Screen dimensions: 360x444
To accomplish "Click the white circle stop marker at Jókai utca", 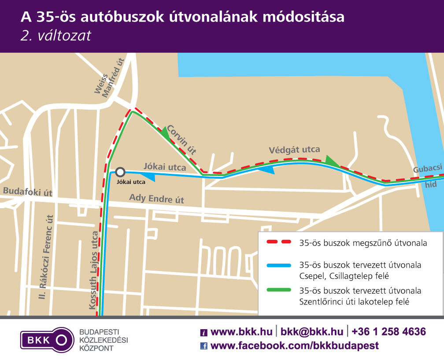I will click(x=120, y=172).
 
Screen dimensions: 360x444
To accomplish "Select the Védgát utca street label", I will click(x=294, y=150).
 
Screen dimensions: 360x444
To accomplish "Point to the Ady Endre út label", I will click(x=156, y=198).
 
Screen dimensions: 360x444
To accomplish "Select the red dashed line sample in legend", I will click(x=278, y=242).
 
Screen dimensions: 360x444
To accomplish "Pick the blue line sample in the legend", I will click(x=278, y=265).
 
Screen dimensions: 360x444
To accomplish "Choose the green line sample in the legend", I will click(x=278, y=290).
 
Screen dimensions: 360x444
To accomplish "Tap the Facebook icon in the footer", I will click(x=203, y=346).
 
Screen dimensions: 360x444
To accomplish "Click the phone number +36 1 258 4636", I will click(x=388, y=331).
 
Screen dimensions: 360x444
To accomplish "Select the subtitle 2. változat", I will click(x=56, y=35).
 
